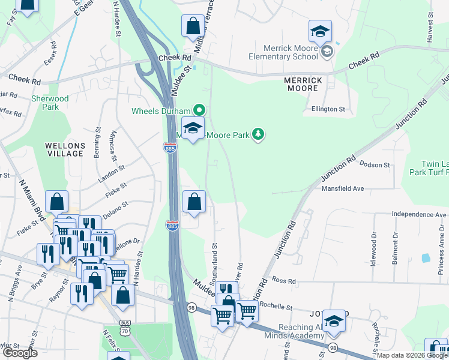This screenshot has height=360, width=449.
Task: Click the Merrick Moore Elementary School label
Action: pos(291,52)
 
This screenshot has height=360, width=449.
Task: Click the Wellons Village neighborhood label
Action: pos(64,149)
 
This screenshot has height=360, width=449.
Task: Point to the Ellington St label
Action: pos(328,109)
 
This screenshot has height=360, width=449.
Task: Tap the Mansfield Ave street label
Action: pos(342,188)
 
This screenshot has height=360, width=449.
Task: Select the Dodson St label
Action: pos(375,164)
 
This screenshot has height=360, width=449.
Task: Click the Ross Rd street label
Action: pos(284,280)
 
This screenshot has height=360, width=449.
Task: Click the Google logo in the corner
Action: pos(20,353)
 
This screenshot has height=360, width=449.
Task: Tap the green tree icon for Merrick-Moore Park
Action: pos(258,133)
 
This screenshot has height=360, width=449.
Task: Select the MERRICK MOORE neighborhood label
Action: pos(304,84)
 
